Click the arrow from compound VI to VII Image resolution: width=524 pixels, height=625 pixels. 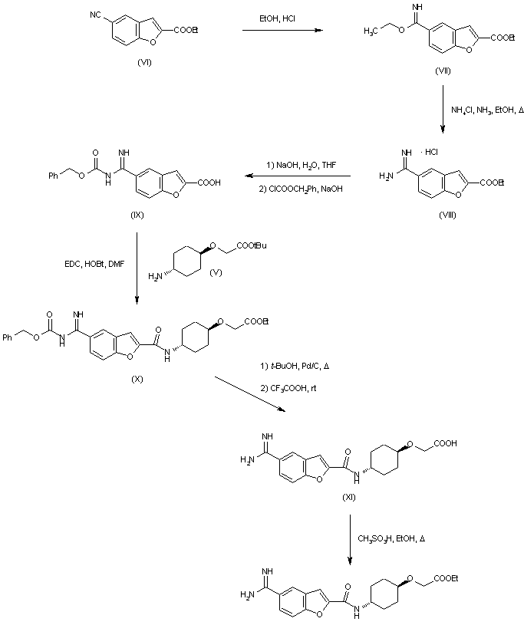pos(281,31)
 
